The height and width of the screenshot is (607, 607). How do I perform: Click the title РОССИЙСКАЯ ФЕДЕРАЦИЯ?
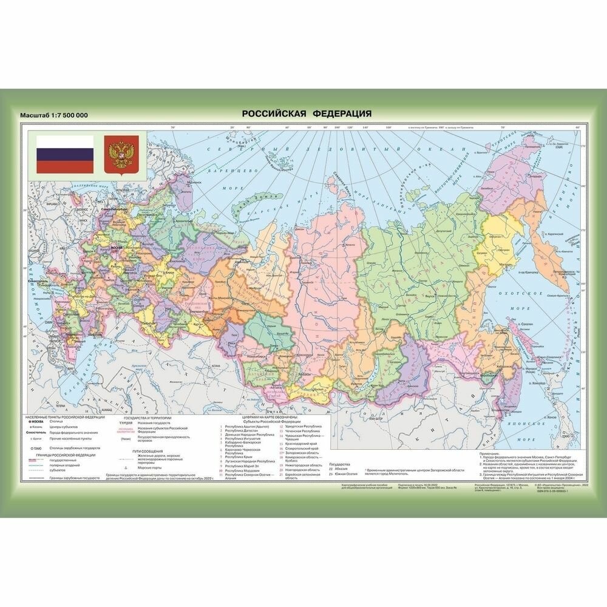(307, 114)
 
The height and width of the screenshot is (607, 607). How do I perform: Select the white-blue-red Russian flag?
(64, 154)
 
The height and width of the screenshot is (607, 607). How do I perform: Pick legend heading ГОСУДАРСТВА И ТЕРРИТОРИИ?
(148, 419)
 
